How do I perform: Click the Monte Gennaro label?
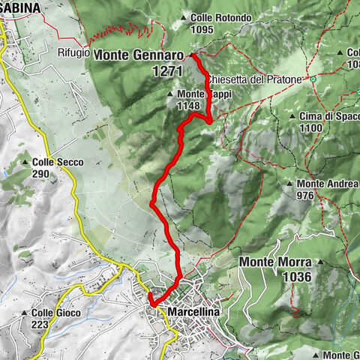tap(139, 55)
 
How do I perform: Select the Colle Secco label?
tap(58, 162)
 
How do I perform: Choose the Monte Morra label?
tap(276, 262)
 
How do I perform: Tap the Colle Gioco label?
tap(58, 313)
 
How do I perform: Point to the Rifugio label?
tap(73, 54)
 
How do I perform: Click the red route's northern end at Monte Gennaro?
tap(193, 55)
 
